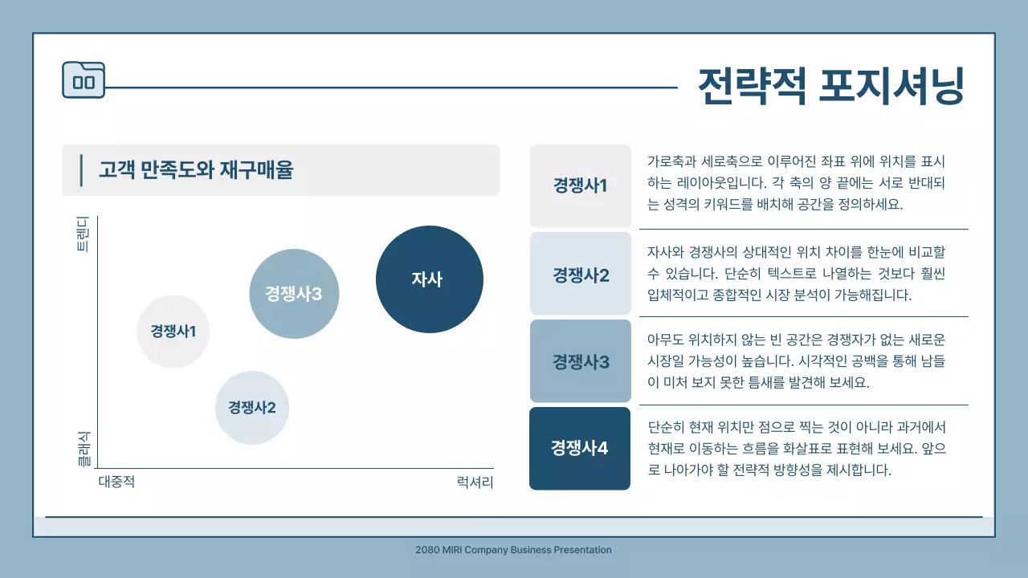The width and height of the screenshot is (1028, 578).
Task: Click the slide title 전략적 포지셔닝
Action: point(830,86)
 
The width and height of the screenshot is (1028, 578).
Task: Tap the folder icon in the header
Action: point(84,80)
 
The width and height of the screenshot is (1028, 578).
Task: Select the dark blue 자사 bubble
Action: point(429,279)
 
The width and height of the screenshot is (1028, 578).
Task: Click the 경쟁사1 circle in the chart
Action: point(173,331)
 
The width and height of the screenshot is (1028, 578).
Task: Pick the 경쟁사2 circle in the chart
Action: point(251,408)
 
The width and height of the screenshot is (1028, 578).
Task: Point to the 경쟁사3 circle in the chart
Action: point(294,294)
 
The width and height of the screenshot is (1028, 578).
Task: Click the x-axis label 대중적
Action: point(116,482)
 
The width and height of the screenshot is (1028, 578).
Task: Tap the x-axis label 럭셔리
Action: point(475,482)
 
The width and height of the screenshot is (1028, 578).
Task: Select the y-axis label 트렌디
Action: point(83,234)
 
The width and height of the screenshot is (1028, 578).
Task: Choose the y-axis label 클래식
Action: point(83,449)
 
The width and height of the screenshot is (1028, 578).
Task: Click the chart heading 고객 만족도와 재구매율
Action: point(196,170)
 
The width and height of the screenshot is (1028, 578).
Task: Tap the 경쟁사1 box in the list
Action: point(580,185)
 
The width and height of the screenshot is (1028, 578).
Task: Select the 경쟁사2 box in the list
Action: point(580,275)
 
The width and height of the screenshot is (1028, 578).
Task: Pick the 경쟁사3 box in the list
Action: point(580,361)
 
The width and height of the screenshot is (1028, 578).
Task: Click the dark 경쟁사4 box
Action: point(580,448)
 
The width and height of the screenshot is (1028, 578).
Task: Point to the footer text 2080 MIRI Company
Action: point(513,550)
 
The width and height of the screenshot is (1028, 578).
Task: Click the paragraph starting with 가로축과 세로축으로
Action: point(796,182)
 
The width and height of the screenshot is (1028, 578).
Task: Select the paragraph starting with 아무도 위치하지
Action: point(796,361)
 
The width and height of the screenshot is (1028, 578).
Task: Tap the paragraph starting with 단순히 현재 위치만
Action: point(796,448)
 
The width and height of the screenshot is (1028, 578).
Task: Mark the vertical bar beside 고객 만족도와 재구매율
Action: point(81,171)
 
